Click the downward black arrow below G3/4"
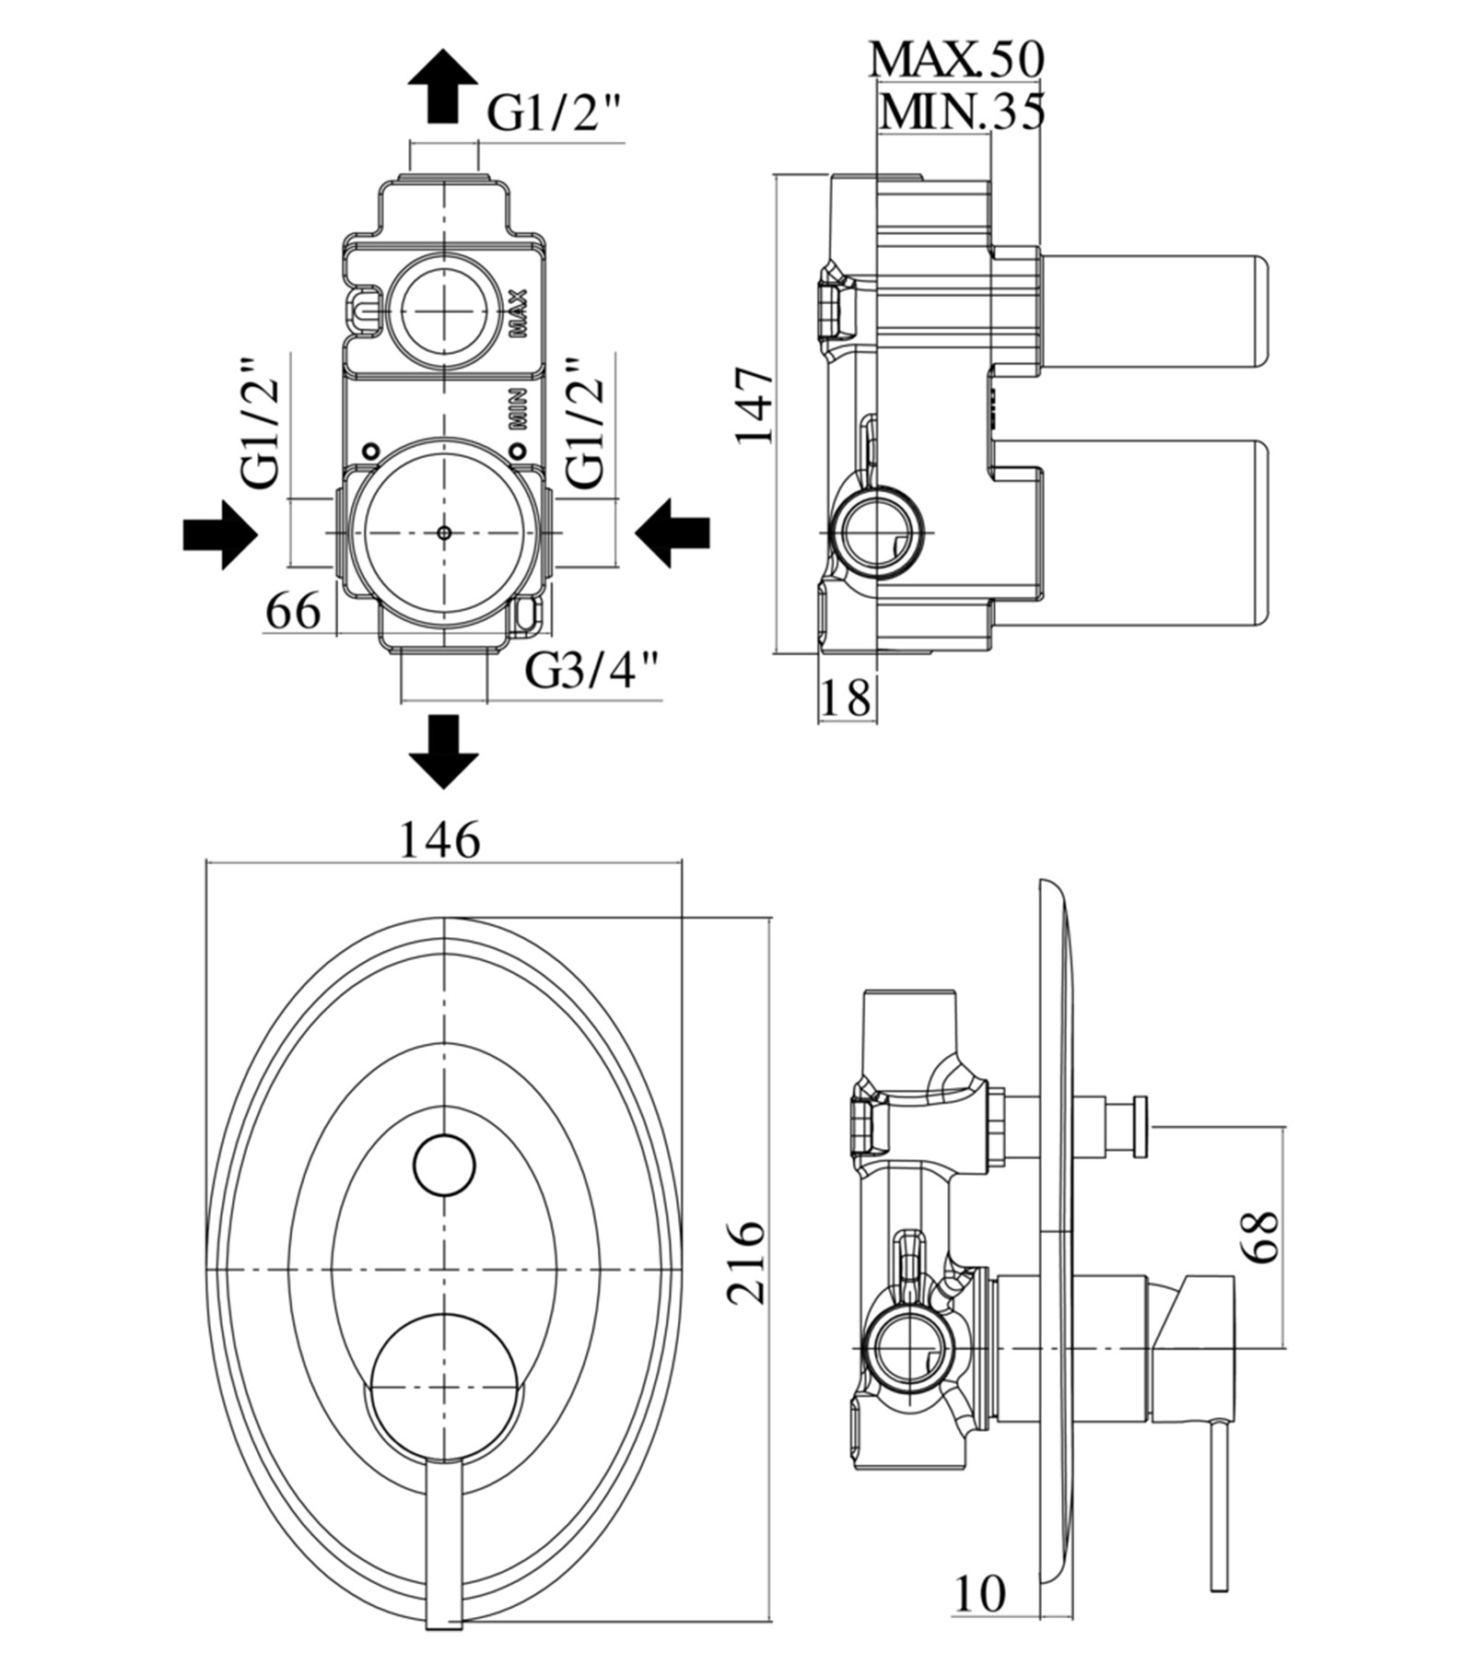pos(443,750)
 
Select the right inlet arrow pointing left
pos(673,534)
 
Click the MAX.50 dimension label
pos(956,59)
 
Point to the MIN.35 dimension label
pos(962,112)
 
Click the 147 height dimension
pos(754,405)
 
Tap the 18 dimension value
pos(845,698)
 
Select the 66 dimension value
pos(293,611)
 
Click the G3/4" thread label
pos(592,670)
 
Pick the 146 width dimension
pos(439,839)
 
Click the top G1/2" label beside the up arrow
pos(555,113)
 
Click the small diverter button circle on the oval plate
pos(444,1166)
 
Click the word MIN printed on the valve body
pos(518,408)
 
